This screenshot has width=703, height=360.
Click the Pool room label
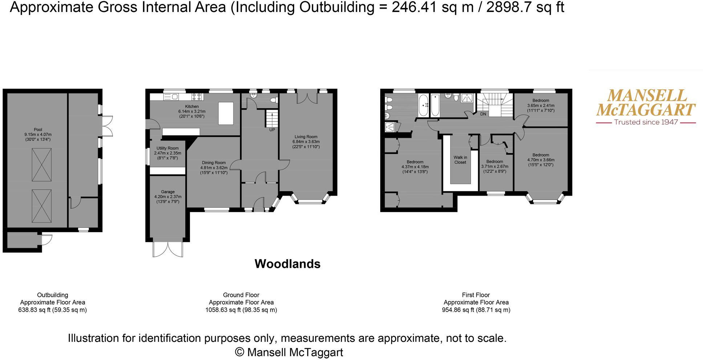tap(38, 134)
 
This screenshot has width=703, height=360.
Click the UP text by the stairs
tap(272, 130)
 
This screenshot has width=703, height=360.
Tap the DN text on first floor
tap(483, 114)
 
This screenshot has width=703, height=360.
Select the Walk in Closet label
tap(460, 160)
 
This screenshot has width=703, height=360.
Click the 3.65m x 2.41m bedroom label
tap(541, 106)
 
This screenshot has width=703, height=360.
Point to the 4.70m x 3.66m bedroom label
tap(541, 160)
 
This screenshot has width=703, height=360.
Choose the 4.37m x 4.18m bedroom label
tap(415, 167)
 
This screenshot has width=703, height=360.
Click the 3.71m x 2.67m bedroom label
tap(495, 167)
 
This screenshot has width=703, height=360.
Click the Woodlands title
tap(287, 264)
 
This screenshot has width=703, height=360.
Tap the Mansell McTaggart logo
tap(646, 103)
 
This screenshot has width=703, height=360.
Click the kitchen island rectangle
tap(225, 114)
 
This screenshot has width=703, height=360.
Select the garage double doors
tap(168, 249)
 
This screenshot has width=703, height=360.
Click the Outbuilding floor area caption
tap(52, 303)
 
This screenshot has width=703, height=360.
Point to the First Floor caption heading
tap(476, 295)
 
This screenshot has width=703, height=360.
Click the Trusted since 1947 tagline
tap(646, 122)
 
